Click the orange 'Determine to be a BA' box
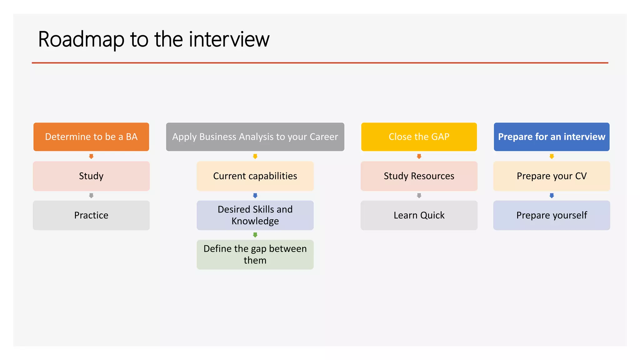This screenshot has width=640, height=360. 91,137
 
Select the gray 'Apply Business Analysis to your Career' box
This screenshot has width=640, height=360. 255,137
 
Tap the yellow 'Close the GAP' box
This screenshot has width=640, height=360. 419,137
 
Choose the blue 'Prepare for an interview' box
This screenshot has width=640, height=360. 551,137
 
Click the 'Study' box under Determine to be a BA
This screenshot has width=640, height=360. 91,176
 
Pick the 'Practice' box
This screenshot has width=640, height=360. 91,215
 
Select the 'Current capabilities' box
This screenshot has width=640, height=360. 255,176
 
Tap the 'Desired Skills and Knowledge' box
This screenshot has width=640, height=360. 255,215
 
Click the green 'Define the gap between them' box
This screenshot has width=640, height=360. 255,254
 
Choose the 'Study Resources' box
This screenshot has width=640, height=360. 419,176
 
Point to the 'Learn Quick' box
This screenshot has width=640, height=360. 419,215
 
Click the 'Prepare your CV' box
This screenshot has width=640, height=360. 551,176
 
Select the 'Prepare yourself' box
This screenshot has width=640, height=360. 551,215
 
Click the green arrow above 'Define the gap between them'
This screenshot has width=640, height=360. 255,235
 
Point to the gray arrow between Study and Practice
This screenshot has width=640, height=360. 91,196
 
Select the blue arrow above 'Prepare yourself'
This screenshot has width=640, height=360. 552,196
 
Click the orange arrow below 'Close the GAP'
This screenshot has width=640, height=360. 419,156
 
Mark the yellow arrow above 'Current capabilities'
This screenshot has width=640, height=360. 255,156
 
